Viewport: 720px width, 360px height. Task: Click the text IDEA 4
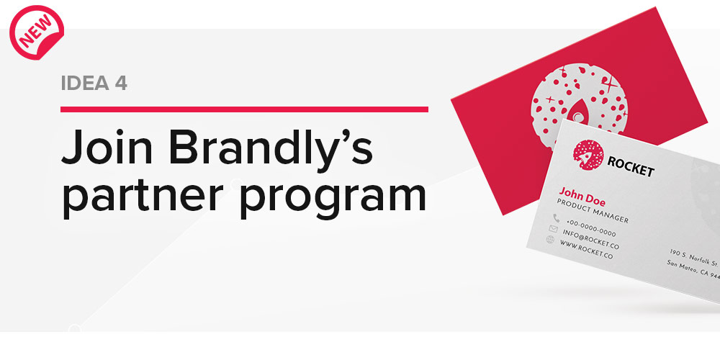[94, 84]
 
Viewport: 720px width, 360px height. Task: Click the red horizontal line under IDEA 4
[244, 109]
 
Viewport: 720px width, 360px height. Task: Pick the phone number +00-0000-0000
[590, 227]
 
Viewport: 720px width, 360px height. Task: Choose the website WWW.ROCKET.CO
[585, 253]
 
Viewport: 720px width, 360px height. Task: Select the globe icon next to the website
[550, 240]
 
